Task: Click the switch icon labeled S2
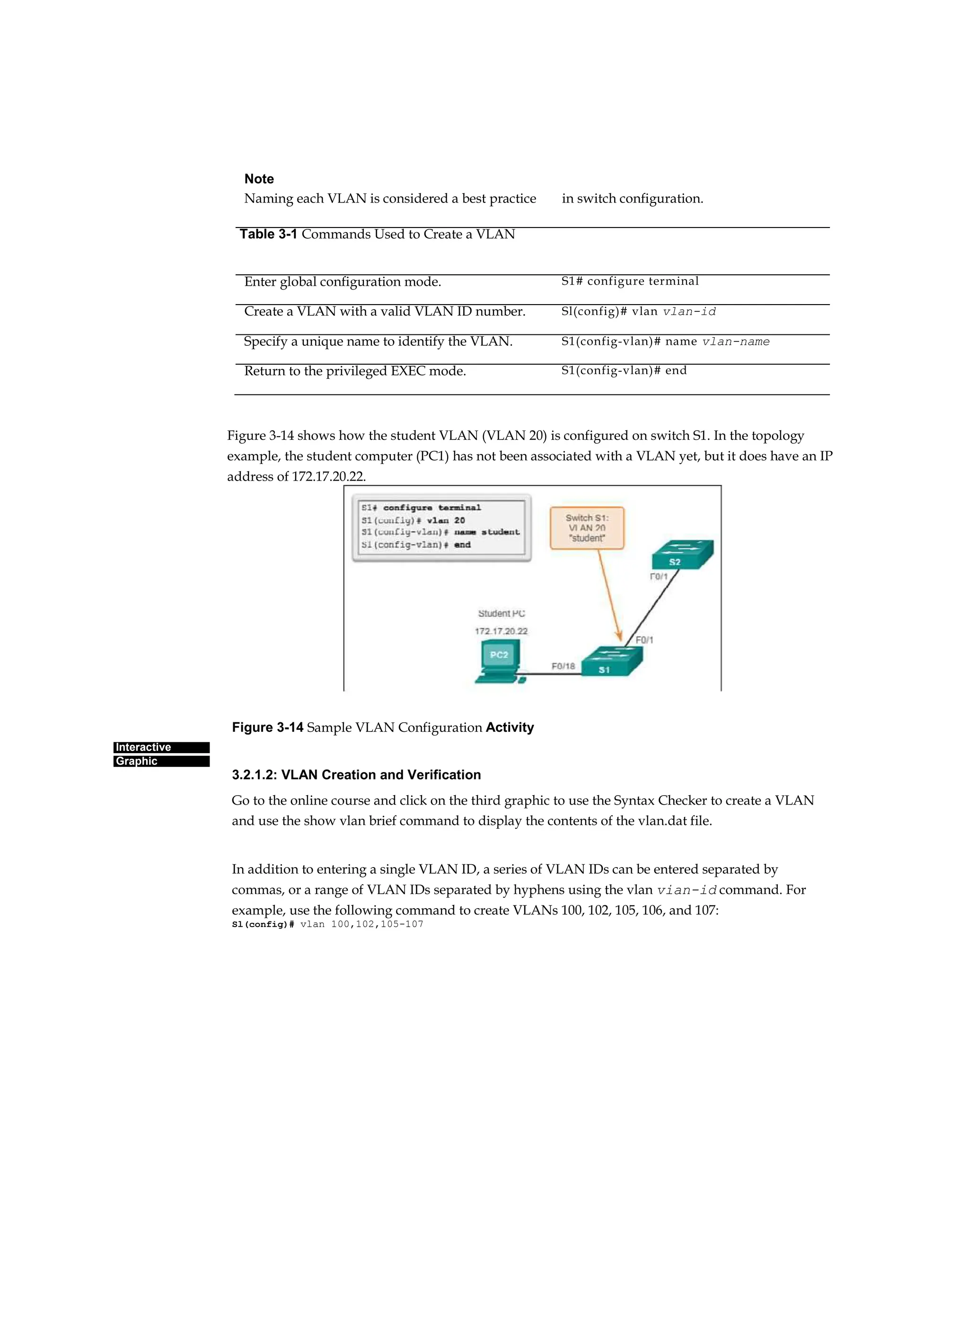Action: (682, 554)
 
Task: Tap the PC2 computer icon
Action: (499, 662)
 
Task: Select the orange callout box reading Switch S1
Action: (587, 528)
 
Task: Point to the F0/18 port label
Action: (563, 666)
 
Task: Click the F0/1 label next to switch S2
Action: (659, 577)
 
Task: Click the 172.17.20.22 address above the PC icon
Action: (501, 631)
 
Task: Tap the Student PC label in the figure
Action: (501, 613)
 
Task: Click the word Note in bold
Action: (259, 179)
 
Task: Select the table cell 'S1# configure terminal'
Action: (630, 281)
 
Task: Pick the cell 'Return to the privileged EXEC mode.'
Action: (354, 371)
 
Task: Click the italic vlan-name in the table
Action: (736, 342)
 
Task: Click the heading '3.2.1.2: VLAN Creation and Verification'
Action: (356, 775)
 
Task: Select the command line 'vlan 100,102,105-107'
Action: (361, 924)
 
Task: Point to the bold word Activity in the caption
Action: (509, 727)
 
